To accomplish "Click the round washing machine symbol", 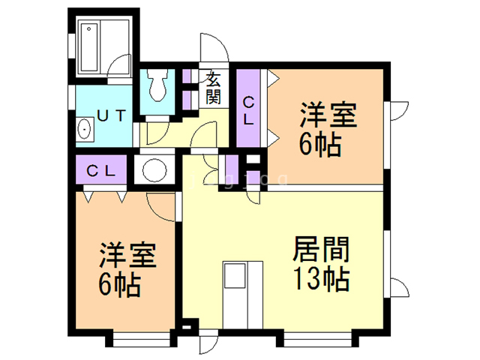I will click(155, 169).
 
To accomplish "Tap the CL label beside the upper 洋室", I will click(248, 111).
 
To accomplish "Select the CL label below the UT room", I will click(100, 169).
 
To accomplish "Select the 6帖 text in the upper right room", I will click(321, 144).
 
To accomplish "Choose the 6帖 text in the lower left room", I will click(120, 285).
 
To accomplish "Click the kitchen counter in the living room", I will click(243, 292).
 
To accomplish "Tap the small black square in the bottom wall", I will click(187, 327).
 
